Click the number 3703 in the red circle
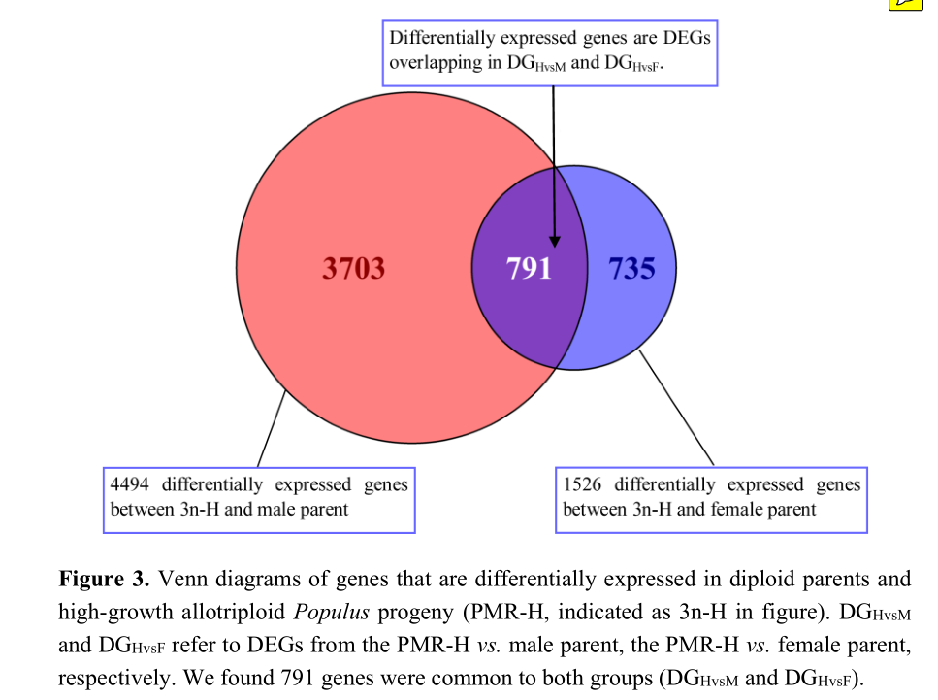353,268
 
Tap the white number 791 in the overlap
529,268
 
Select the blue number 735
631,268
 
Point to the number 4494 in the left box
131,484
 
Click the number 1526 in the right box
584,484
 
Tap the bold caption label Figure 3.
104,580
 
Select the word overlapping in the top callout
437,63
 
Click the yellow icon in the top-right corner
907,4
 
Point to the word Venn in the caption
180,580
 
